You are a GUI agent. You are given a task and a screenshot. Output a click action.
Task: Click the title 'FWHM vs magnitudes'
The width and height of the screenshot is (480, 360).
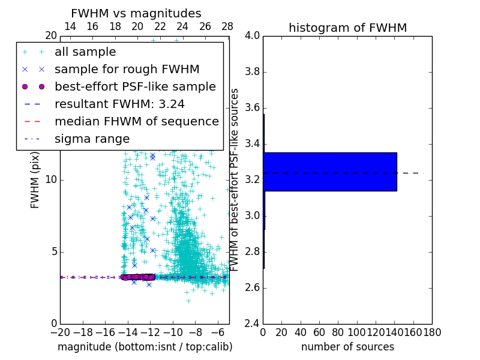[136, 14]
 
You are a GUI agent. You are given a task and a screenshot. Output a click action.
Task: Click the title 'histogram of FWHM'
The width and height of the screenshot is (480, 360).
[347, 28]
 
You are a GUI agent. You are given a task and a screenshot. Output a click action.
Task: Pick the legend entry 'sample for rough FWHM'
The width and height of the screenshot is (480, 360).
[127, 70]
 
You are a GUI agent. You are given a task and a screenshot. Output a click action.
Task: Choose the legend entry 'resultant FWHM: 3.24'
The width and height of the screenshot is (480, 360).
[119, 104]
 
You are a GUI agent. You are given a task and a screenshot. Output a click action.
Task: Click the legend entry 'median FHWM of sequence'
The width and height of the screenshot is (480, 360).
[136, 122]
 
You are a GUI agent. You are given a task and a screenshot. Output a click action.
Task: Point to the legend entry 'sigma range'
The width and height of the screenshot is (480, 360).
[92, 139]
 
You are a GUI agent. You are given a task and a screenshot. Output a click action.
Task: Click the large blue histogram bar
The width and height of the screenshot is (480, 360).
[330, 172]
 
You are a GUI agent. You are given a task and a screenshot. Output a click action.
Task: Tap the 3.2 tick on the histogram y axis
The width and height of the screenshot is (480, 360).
[253, 180]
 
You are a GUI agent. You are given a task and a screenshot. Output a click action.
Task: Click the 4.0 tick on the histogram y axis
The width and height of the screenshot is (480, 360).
[253, 36]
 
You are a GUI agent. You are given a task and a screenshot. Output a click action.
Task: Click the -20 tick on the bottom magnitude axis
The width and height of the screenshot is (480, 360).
[60, 332]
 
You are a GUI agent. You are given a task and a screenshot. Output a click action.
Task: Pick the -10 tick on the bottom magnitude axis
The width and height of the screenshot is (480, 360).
[173, 332]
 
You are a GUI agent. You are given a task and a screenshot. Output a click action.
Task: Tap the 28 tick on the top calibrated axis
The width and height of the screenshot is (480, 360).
[227, 26]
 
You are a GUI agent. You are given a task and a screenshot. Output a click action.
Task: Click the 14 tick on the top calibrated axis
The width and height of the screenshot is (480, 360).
[70, 26]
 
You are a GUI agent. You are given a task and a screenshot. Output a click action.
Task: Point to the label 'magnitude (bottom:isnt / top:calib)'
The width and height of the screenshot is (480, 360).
[145, 347]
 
